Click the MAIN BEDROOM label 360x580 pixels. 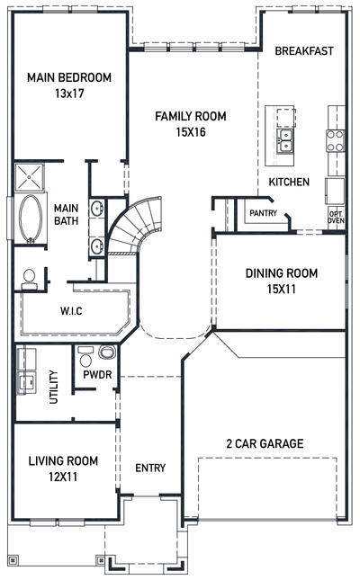[x=68, y=77]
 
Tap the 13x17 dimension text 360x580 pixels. [x=68, y=92]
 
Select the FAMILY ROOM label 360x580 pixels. [x=190, y=116]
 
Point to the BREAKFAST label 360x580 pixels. [x=304, y=50]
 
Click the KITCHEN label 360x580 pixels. [x=289, y=182]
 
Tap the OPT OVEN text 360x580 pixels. [x=335, y=216]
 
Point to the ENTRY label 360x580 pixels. [x=149, y=468]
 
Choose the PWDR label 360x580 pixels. [x=96, y=373]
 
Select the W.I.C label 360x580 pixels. [x=72, y=312]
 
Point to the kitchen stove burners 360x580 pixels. [x=335, y=139]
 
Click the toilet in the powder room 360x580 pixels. [x=106, y=352]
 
